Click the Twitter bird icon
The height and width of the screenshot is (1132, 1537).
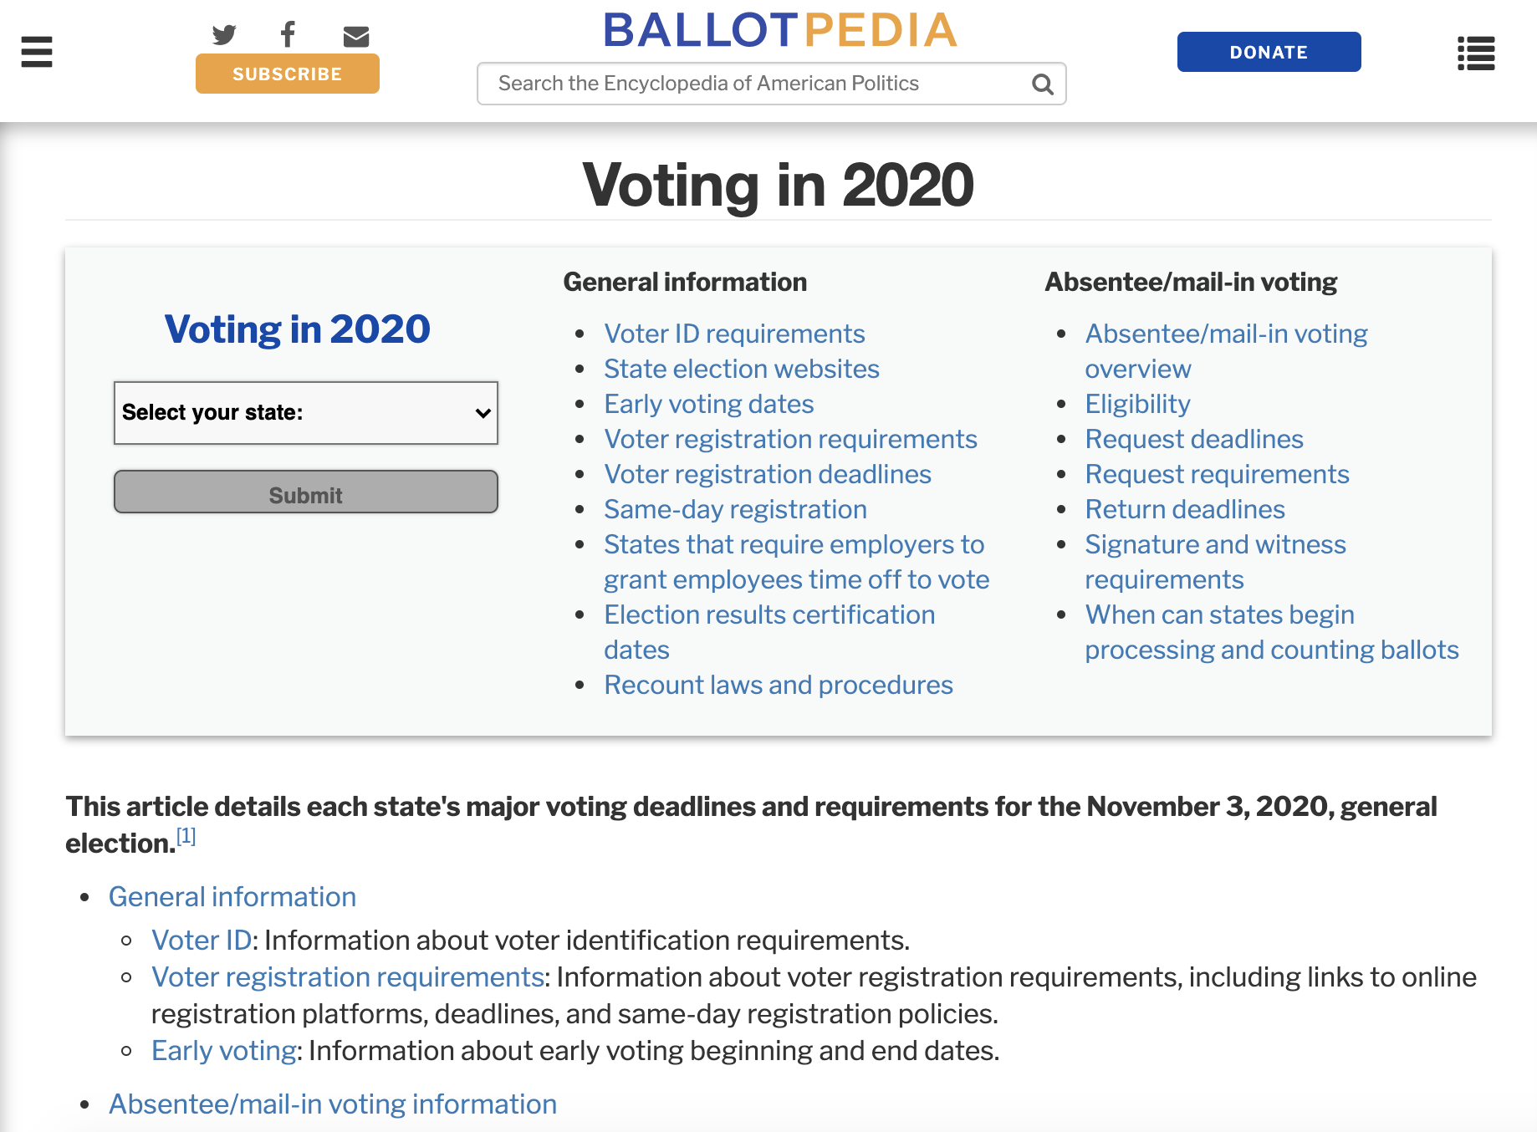[x=224, y=35]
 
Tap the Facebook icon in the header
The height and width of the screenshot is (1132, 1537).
[x=288, y=35]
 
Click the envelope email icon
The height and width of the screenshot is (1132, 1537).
[x=356, y=36]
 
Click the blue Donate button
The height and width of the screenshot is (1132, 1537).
[x=1269, y=52]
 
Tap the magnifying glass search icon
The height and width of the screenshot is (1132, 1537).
[x=1042, y=84]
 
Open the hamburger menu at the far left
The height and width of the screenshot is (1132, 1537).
[x=37, y=52]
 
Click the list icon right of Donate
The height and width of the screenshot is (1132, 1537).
[x=1476, y=54]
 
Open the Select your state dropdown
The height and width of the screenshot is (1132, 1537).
[x=306, y=413]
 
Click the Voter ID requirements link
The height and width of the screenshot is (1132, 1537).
[x=734, y=334]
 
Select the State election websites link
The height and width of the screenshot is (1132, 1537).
[x=742, y=369]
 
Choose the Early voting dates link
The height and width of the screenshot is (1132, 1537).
[x=709, y=404]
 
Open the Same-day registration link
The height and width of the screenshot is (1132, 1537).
[x=735, y=509]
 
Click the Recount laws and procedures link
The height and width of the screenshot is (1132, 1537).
[x=779, y=685]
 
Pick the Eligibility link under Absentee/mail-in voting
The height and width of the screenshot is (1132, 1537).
[x=1137, y=404]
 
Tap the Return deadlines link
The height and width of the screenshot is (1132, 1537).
[x=1185, y=509]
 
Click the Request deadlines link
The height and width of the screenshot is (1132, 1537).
[x=1194, y=439]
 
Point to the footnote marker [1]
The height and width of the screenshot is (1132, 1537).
[x=186, y=836]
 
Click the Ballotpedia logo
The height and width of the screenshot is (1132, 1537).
[x=779, y=30]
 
